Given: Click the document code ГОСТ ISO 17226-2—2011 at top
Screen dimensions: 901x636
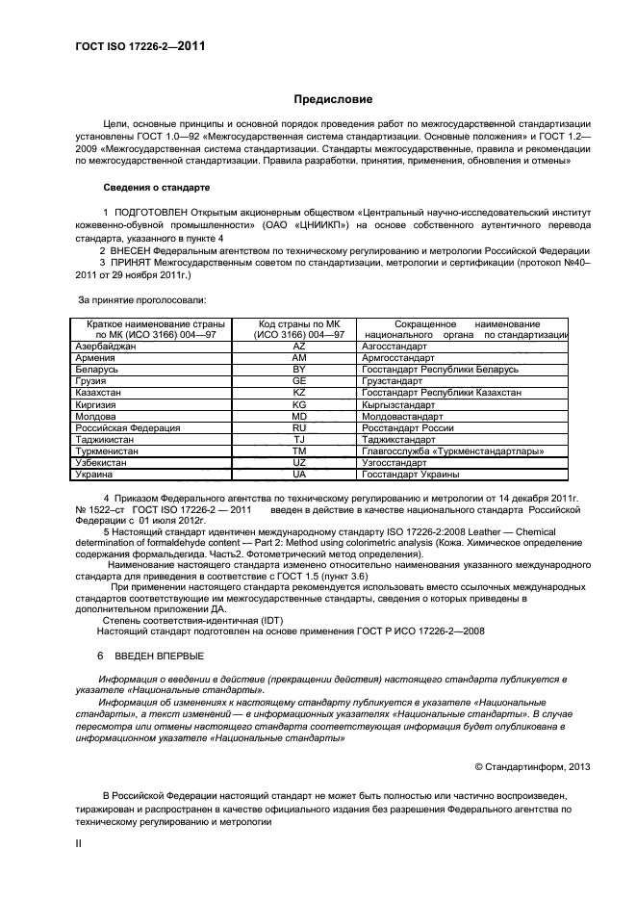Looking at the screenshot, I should (140, 45).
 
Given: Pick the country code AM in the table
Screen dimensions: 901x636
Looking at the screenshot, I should (298, 357).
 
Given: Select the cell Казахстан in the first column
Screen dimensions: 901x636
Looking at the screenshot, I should (97, 393).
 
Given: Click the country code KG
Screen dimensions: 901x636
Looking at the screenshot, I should (298, 404).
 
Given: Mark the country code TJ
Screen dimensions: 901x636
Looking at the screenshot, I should (298, 439).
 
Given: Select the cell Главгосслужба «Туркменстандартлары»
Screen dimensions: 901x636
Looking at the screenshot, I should (440, 450).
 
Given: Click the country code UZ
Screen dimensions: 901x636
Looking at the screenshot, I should (298, 462).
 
